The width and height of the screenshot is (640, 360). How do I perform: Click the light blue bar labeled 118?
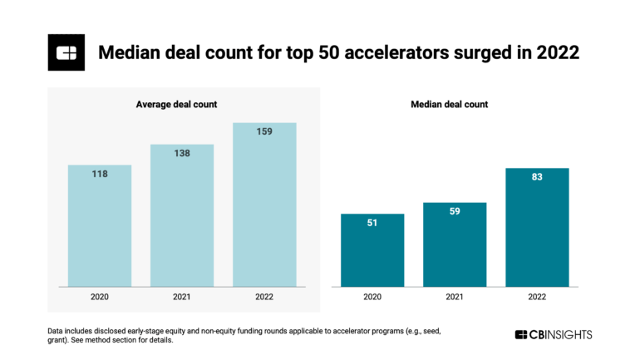(100, 224)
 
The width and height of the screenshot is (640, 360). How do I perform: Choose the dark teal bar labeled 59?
(455, 244)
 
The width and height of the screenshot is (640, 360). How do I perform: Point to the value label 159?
(264, 131)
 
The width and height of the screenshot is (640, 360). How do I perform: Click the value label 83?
(537, 177)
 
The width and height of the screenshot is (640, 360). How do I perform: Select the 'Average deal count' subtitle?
(182, 104)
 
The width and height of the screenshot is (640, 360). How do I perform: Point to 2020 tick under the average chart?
(100, 296)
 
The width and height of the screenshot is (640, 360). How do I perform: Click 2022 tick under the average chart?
(264, 296)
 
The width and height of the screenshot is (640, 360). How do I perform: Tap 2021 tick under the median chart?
(455, 296)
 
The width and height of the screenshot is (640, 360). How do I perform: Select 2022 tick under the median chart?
(537, 296)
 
